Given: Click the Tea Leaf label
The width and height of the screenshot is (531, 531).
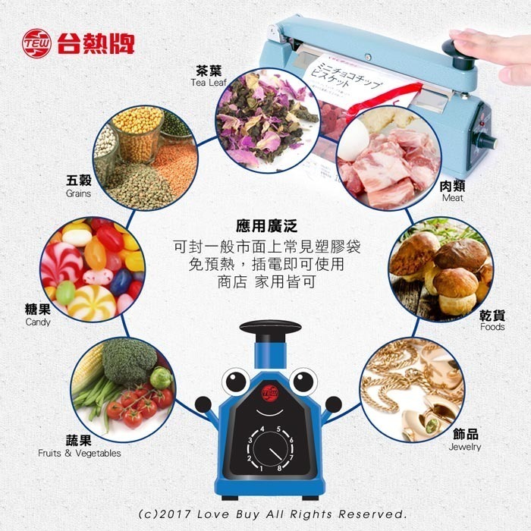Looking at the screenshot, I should pos(209,76).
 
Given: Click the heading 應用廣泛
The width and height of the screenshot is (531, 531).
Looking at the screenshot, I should pos(266,226).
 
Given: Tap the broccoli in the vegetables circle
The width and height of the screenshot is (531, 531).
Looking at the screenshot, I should pos(130,362).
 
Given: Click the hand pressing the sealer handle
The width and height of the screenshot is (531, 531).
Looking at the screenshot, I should pos(493,53).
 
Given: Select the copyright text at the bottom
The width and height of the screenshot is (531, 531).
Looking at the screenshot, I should pos(266,514).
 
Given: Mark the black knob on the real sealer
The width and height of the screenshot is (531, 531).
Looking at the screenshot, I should pos(455,47).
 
